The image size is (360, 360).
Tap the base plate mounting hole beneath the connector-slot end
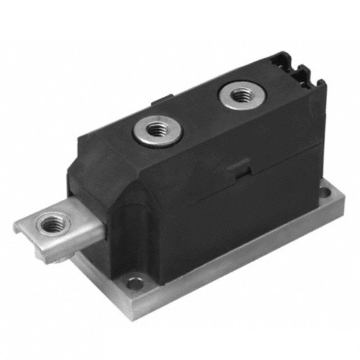click(325, 194)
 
